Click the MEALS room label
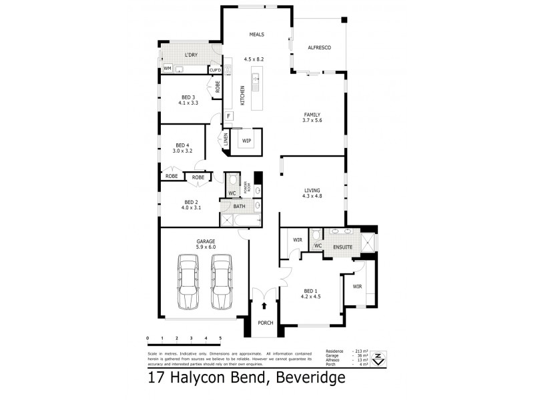pos(257,34)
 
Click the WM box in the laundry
pos(167,69)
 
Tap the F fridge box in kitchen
pos(228,117)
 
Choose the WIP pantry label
pos(246,141)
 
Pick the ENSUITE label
pos(342,245)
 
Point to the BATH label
pos(239,207)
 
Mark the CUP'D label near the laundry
pos(216,70)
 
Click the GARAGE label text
pos(204,241)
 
